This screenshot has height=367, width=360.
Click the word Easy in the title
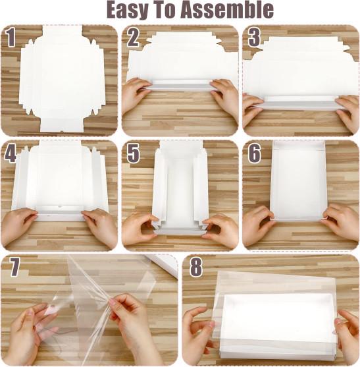point(128,10)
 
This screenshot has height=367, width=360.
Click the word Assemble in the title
point(228,9)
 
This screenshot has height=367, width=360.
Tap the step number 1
point(11,38)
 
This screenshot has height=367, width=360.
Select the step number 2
point(133,38)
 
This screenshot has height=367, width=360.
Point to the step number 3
point(254,38)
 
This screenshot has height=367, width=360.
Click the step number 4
point(11,154)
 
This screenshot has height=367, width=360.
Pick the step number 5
point(134,154)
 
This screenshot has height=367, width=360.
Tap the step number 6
point(254,154)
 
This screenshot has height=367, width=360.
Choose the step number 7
point(14,268)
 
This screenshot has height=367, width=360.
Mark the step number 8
point(196,268)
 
